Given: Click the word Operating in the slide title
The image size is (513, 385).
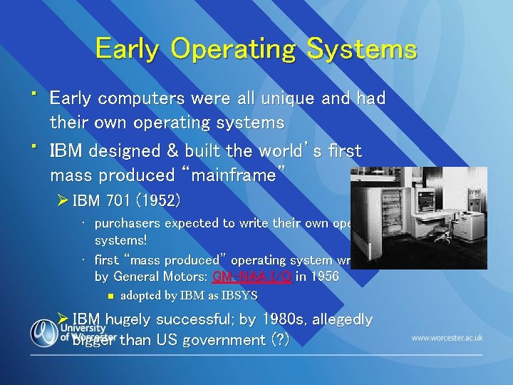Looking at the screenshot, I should pos(233,50).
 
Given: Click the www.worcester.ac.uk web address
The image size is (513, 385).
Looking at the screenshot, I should pos(447,337).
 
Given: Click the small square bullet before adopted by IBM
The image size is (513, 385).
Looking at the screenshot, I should pos(109,295).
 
